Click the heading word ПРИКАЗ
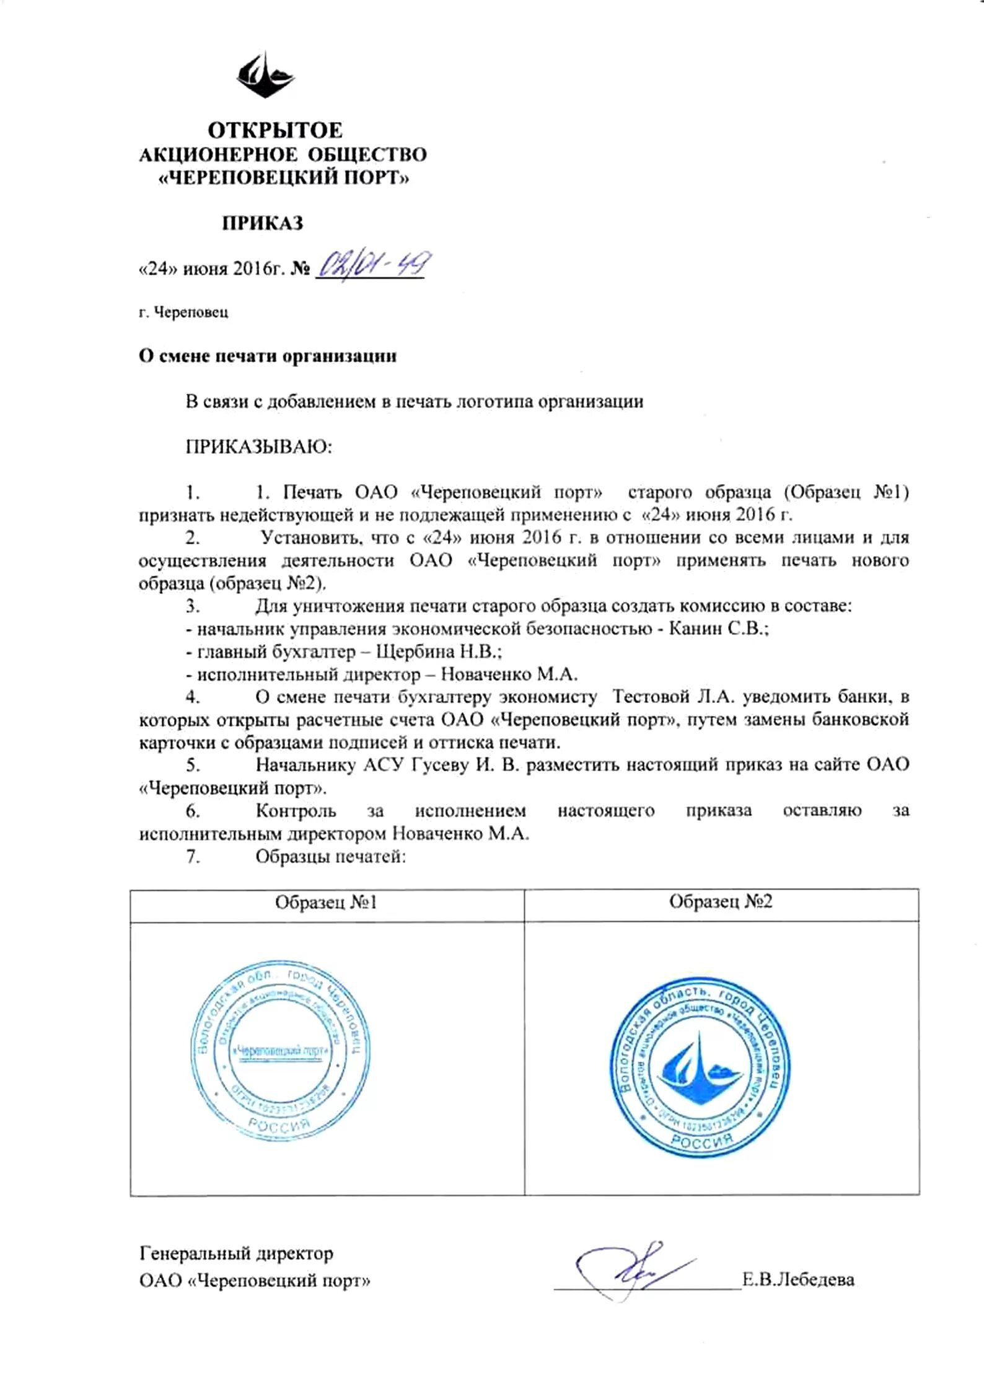(x=263, y=223)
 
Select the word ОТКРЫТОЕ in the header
(x=275, y=130)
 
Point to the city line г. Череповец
(x=183, y=312)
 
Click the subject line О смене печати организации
(x=267, y=357)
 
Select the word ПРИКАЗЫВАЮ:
(x=260, y=447)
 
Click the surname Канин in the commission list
(x=696, y=629)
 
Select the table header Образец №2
(x=721, y=902)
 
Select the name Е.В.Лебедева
(x=798, y=1279)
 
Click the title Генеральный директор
(x=236, y=1253)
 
